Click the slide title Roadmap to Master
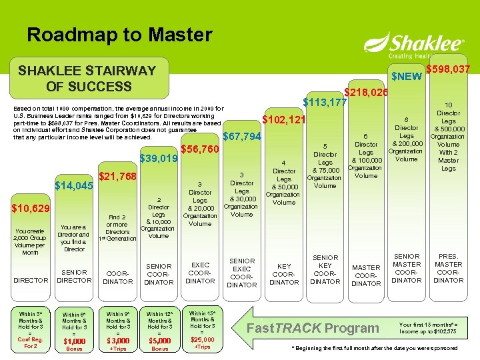click(119, 35)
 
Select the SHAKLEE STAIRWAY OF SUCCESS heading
click(87, 78)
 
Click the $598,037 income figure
click(448, 69)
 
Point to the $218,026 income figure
click(365, 92)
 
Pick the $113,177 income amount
click(325, 103)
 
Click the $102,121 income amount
click(284, 121)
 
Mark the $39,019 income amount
click(158, 159)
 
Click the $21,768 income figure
click(117, 177)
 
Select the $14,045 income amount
click(75, 186)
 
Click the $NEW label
click(406, 77)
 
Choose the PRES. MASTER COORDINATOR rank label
click(448, 268)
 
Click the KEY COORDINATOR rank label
click(284, 273)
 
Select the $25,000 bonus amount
click(202, 340)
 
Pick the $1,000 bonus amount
click(74, 341)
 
